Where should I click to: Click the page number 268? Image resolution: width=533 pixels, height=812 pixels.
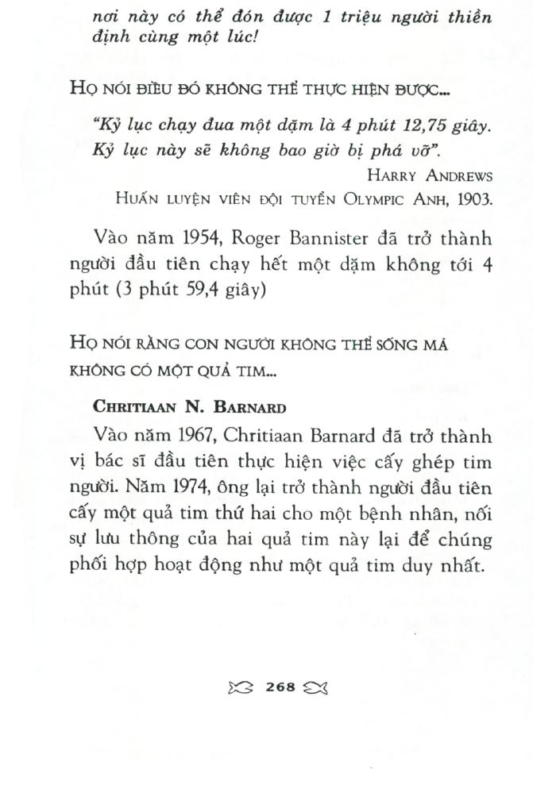point(281,687)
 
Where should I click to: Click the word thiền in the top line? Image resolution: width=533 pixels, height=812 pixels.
point(469,17)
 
